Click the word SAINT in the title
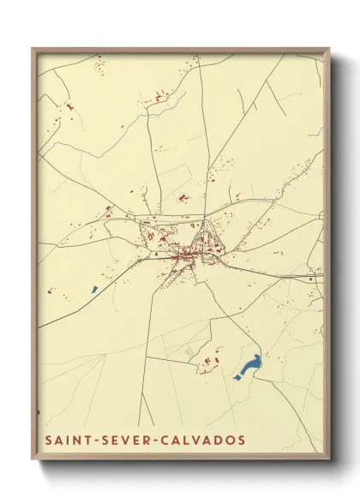[67, 439]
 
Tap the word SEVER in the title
[127, 439]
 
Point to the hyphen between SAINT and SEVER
[97, 439]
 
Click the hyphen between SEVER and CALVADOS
[158, 439]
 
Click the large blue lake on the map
[249, 367]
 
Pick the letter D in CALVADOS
[219, 439]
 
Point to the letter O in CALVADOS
[230, 439]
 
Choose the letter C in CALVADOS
[167, 439]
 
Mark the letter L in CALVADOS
[188, 439]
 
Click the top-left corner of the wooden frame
[33, 49]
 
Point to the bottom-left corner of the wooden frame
[33, 459]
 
